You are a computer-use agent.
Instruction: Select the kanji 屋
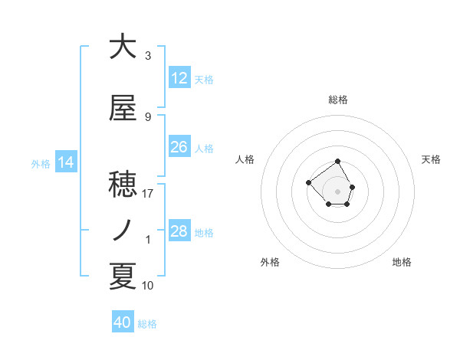[123, 109]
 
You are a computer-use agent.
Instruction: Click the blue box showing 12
[179, 78]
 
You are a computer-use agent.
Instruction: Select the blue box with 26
[179, 147]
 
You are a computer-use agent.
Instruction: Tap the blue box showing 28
[179, 231]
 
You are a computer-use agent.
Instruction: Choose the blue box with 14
[66, 162]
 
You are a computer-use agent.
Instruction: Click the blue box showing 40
[123, 322]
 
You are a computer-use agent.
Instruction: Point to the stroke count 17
[148, 194]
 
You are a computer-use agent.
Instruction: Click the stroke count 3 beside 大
[148, 56]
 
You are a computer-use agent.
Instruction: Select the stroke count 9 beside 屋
[148, 117]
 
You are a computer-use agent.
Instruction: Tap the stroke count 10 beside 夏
[148, 286]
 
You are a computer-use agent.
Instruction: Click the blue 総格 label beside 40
[147, 324]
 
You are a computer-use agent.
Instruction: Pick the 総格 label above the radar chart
[338, 100]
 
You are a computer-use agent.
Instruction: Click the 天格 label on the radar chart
[431, 159]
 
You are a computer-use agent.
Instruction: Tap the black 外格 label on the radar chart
[270, 262]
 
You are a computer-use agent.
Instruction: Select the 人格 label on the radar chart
[245, 159]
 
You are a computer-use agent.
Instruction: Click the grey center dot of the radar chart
[337, 191]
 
